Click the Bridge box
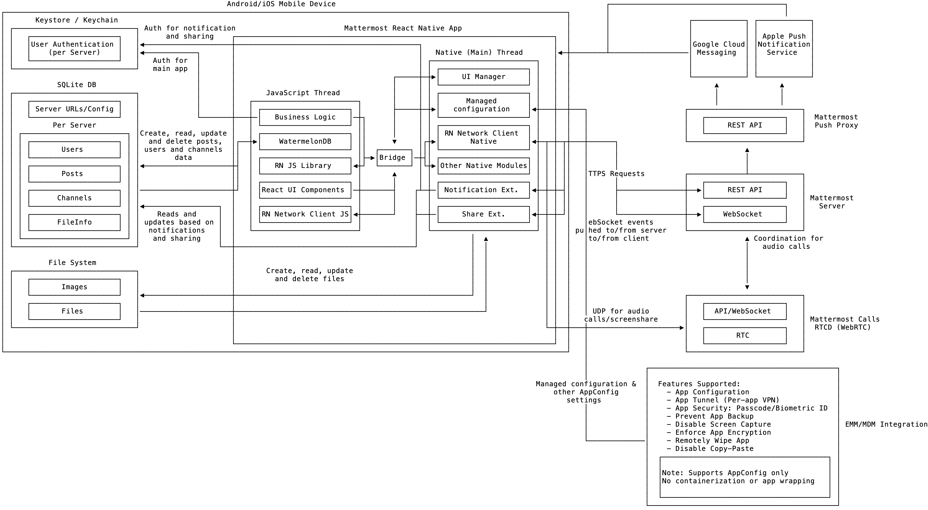[394, 158]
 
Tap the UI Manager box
[483, 77]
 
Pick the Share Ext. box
[483, 214]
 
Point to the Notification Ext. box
[483, 190]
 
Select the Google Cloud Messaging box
[719, 49]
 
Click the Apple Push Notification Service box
[784, 49]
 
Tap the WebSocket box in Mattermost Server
[745, 214]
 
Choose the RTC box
[745, 336]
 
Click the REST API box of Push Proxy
[745, 125]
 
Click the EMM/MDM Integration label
[886, 425]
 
